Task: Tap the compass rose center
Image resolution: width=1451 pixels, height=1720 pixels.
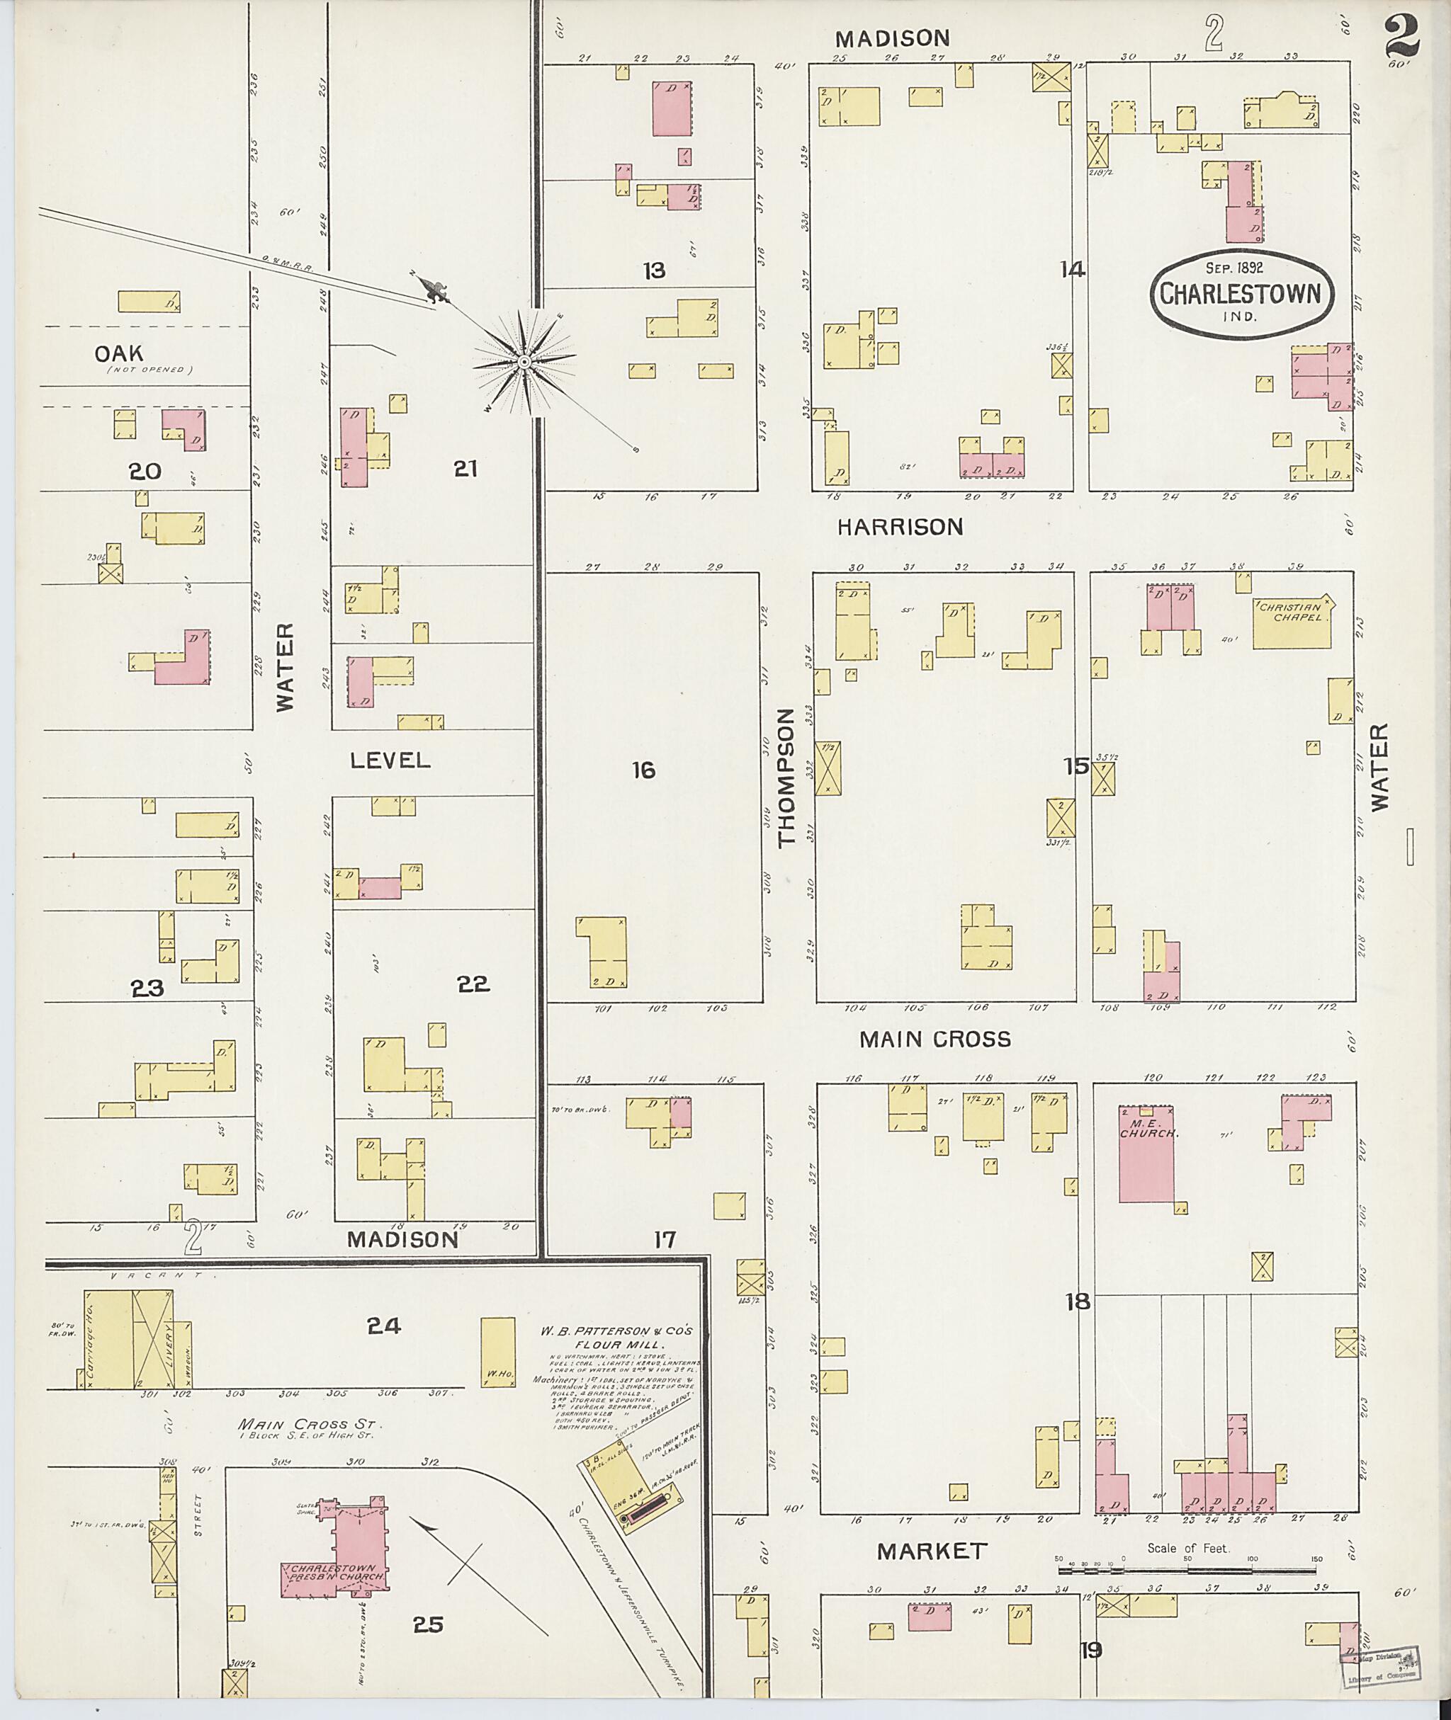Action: click(524, 362)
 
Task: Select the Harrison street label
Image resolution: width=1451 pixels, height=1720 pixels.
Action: click(900, 527)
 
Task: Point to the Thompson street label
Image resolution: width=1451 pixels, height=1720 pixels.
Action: click(786, 777)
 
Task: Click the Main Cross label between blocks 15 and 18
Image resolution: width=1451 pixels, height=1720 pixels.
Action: click(935, 1040)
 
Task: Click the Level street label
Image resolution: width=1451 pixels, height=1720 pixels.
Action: click(390, 760)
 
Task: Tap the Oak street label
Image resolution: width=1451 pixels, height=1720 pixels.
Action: click(119, 353)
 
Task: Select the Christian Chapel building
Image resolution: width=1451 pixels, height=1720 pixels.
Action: click(1292, 625)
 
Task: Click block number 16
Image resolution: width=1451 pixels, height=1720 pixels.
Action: click(643, 770)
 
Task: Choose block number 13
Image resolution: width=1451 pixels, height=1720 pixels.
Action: click(654, 270)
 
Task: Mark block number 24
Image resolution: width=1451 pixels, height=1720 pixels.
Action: click(383, 1326)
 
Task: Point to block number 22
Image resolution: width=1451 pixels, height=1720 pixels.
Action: click(473, 984)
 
